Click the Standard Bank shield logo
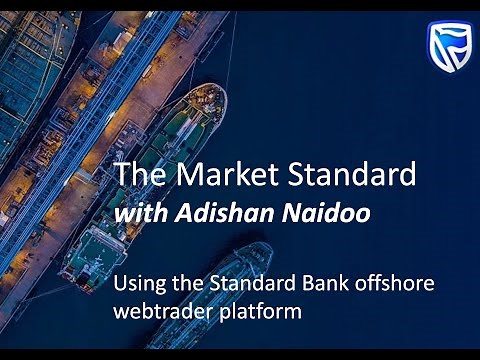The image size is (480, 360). [x=449, y=49]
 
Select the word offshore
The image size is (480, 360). [x=394, y=282]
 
